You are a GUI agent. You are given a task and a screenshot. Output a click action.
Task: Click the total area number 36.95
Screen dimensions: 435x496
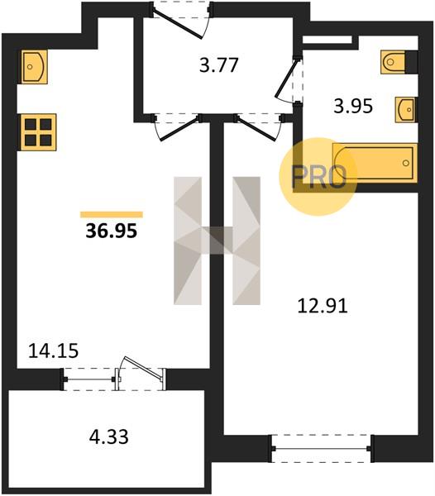point(112,231)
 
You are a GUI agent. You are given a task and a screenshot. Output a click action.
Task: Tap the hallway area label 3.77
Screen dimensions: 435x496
point(218,66)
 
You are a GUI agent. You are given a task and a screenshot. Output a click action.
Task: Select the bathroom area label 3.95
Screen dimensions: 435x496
point(353,107)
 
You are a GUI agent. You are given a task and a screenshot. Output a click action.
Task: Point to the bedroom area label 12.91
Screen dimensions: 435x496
point(323,306)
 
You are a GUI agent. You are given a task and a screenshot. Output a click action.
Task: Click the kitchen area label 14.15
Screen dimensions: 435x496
point(54,351)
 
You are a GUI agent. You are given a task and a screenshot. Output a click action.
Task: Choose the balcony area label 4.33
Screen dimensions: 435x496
point(109,436)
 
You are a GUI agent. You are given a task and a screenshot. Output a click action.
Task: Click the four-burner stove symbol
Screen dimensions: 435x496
point(38,132)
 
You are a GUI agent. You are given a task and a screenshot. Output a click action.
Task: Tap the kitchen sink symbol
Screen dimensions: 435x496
point(34,67)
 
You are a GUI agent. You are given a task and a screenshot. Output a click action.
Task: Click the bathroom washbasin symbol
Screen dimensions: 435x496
point(405,109)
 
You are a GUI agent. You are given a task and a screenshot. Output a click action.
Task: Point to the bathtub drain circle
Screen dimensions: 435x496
point(406,163)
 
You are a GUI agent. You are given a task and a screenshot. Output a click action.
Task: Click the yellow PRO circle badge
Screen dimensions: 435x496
point(318,177)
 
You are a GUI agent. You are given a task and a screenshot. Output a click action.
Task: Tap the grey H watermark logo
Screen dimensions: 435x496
point(217,241)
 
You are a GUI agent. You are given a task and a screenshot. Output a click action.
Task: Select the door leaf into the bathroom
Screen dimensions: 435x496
point(287,78)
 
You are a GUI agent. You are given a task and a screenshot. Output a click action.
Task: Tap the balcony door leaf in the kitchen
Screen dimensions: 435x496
point(143,367)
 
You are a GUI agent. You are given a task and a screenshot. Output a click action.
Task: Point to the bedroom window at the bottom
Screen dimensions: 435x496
point(321,449)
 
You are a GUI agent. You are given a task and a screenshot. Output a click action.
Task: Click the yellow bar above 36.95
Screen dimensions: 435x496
point(112,215)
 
